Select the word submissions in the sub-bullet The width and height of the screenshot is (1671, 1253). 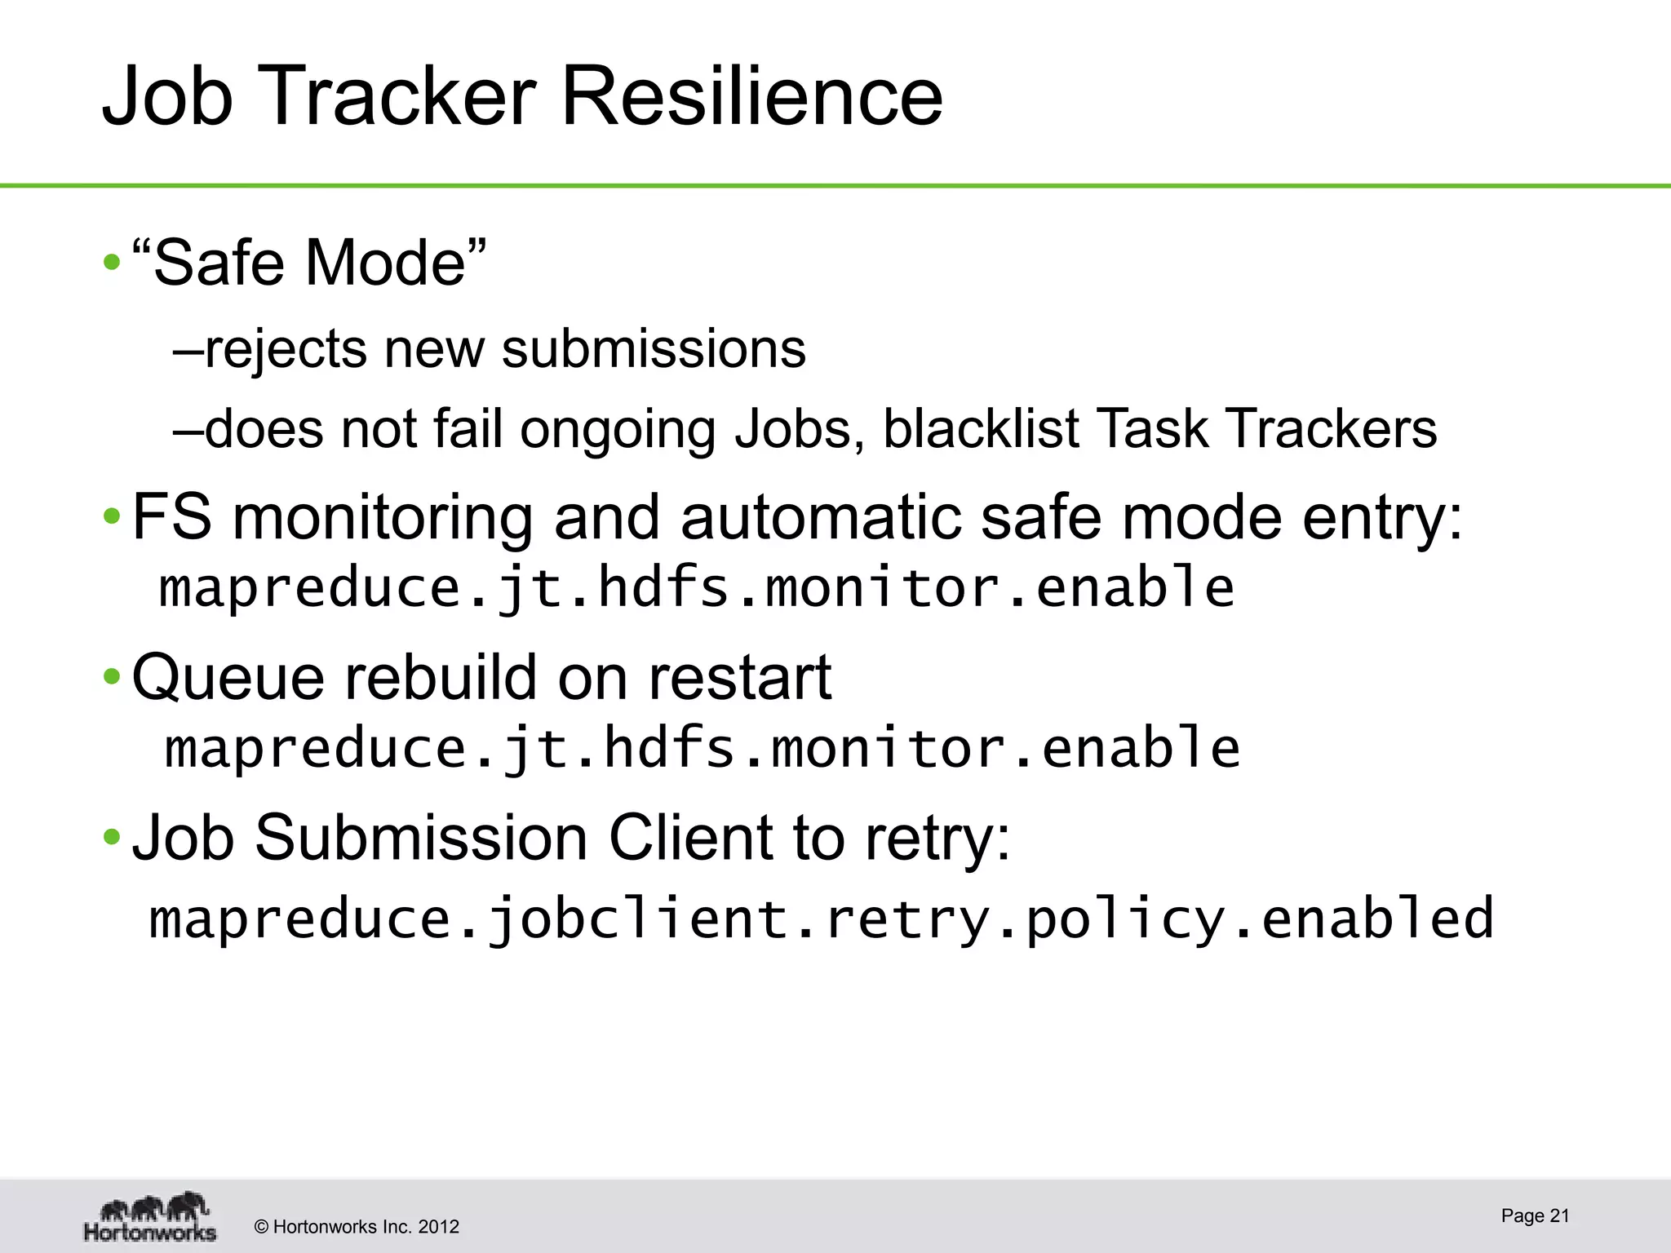[654, 349]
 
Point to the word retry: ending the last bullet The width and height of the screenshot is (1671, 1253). [937, 838]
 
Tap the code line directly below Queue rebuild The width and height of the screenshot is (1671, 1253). [702, 748]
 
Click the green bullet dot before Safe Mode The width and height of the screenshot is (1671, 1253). [112, 263]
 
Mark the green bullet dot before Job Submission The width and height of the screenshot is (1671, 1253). [112, 838]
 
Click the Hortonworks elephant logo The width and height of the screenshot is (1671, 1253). [151, 1216]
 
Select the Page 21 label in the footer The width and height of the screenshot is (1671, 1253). [1535, 1215]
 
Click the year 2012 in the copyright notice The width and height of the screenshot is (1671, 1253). [438, 1227]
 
